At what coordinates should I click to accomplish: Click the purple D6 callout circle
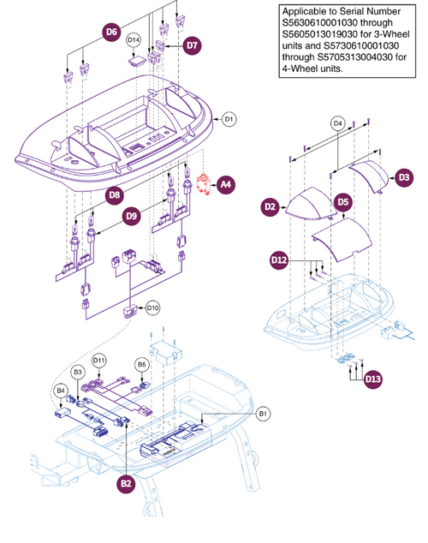coord(111,33)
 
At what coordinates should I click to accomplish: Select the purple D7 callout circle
coord(191,45)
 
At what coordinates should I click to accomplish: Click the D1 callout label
coord(229,120)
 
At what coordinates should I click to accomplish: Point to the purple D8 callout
coord(114,196)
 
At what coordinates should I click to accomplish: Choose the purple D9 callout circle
coord(131,218)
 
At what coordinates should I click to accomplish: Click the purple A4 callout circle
coord(225,183)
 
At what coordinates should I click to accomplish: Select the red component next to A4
coord(204,183)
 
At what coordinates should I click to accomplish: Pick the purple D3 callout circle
coord(403,176)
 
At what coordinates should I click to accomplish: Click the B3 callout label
coord(77,372)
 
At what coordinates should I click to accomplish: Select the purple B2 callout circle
coord(127,484)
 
